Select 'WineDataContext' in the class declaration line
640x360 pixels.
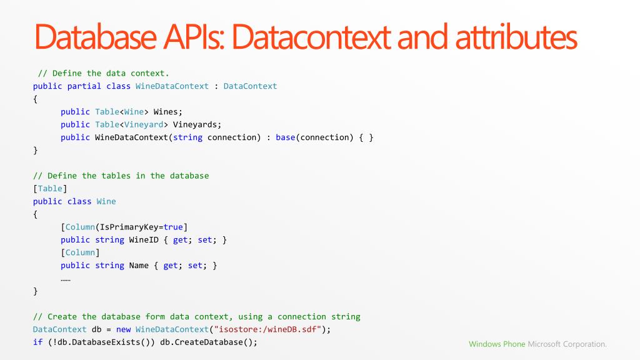tap(172, 86)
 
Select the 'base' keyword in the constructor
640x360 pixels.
tap(285, 137)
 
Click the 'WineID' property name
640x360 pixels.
tap(144, 240)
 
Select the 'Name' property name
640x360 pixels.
tap(139, 266)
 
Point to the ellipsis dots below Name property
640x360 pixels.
tap(65, 279)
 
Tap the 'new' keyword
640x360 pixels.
tap(123, 329)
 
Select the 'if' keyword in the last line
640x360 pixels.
tap(37, 342)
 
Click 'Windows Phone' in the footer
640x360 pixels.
tap(497, 344)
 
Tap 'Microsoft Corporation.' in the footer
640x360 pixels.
tap(567, 344)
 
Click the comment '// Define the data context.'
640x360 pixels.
tap(103, 73)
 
